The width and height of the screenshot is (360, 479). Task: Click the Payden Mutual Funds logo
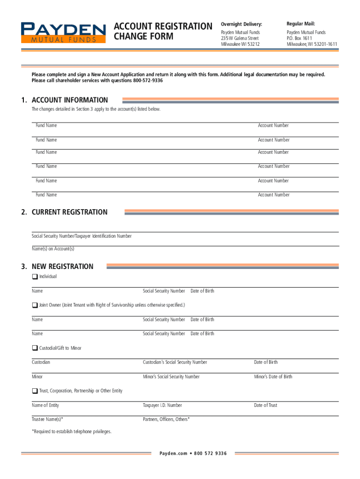click(63, 32)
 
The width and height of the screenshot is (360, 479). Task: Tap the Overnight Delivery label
click(241, 24)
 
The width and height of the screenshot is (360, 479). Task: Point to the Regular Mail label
click(301, 23)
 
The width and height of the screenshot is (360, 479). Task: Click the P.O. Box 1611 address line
click(299, 38)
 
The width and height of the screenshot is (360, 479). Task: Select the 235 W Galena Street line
click(240, 38)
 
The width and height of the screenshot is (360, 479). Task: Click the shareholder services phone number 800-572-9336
click(148, 80)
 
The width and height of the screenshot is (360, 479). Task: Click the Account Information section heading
click(70, 100)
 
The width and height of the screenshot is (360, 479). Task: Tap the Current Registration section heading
click(69, 212)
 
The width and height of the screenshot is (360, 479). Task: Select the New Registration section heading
click(62, 267)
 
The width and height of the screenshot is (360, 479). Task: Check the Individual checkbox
click(35, 276)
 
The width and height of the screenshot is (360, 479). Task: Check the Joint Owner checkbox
click(35, 305)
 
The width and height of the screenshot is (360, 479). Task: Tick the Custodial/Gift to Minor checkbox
click(35, 348)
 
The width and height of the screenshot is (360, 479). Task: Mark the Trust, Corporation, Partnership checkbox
click(35, 391)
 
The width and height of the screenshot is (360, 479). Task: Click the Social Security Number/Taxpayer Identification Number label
click(81, 236)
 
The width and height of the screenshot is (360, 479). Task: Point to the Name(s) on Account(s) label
click(53, 249)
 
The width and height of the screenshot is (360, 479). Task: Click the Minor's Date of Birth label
click(273, 377)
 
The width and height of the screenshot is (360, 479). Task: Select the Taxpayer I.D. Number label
click(162, 405)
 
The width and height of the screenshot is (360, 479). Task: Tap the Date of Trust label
click(266, 405)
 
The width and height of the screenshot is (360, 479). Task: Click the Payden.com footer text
click(173, 453)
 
